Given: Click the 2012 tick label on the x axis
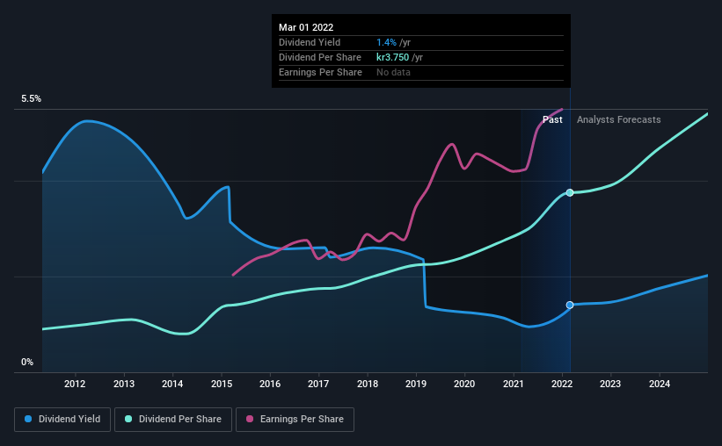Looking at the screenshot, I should coord(75,384).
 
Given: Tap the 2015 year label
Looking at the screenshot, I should coord(221,384).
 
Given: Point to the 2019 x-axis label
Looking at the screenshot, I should coord(416,384).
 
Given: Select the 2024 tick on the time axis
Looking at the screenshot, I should coord(660,384).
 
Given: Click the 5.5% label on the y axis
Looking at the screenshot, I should coord(32,99).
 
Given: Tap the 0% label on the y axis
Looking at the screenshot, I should coord(27,362).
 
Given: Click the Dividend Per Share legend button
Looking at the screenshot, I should coord(179,420).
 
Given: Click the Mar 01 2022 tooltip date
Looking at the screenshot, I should coord(306,27).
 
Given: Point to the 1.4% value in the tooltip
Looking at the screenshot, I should coord(385,42).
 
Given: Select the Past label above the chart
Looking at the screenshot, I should coord(552,119).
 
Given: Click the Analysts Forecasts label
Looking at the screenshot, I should coord(618,119).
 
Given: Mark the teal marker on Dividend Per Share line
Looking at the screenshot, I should coord(570,192).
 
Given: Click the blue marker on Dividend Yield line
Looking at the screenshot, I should coord(570,305).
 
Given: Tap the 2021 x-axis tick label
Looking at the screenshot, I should coord(514,384).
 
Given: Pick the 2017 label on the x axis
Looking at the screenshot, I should coord(318,384).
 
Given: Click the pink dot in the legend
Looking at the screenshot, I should coord(251,420).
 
